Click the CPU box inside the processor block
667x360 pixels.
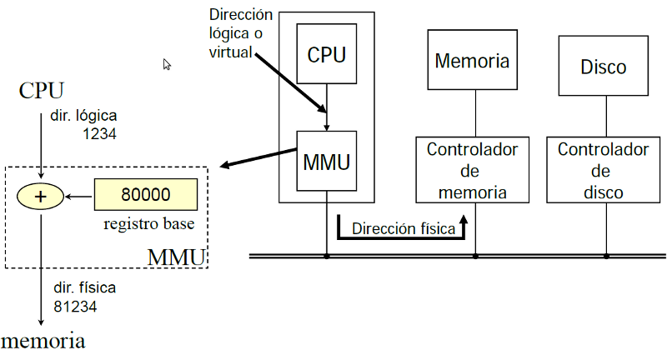click(x=326, y=56)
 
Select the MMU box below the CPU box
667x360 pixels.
click(x=326, y=160)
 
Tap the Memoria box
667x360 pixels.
click(x=472, y=61)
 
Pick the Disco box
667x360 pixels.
click(x=603, y=67)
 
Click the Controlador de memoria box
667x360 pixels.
click(x=473, y=170)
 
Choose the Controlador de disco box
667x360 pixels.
click(x=603, y=170)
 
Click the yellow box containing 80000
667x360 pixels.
click(x=146, y=195)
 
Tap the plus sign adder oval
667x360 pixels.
click(x=41, y=197)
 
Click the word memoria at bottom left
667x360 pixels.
click(x=43, y=341)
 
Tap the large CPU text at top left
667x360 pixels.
click(x=41, y=89)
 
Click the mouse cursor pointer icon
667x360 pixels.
click(x=167, y=64)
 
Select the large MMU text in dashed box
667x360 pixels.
click(x=176, y=256)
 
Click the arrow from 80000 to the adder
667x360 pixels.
click(x=79, y=197)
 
